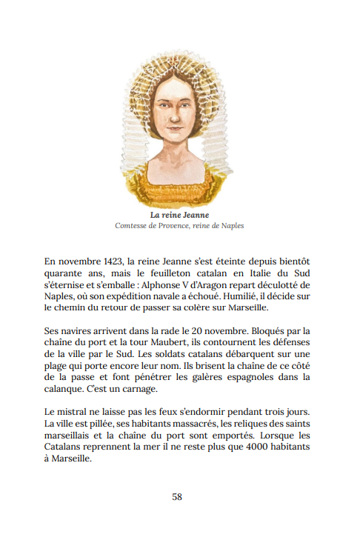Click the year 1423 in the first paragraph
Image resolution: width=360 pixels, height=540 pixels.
[112, 261]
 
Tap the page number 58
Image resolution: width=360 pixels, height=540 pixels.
[177, 497]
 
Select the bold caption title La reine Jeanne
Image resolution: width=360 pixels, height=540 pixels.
[180, 215]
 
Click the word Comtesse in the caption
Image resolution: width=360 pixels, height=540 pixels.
[132, 226]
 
